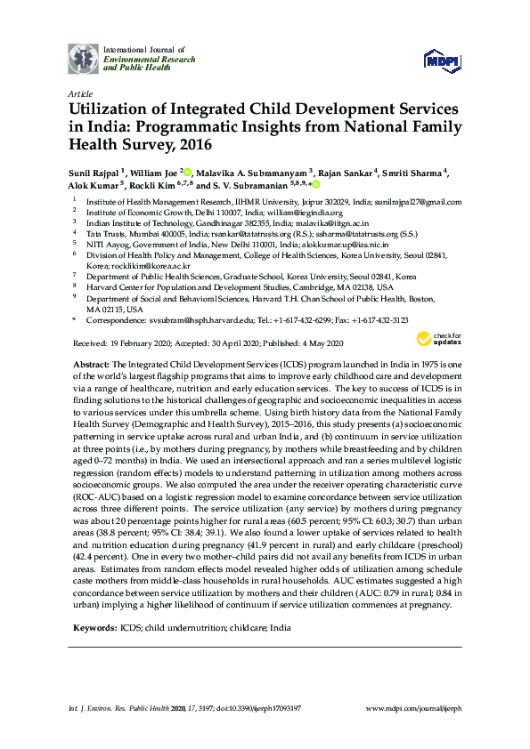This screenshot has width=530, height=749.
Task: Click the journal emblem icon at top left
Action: (x=83, y=58)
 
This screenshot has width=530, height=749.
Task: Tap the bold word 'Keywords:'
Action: (x=93, y=627)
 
